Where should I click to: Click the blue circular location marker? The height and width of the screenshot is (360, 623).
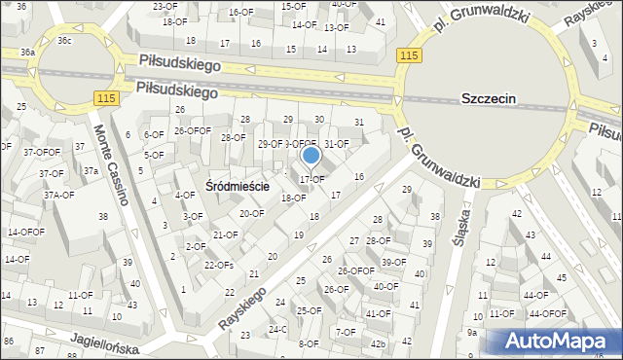click(311, 154)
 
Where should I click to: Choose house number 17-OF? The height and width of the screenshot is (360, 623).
click(311, 179)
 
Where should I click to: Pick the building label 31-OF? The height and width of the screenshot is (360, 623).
click(336, 144)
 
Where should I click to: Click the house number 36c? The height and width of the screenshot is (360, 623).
click(64, 41)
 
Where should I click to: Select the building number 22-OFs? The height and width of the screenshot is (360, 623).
click(218, 265)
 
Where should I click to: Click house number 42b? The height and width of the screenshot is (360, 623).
click(378, 343)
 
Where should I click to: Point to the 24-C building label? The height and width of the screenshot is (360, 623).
click(277, 329)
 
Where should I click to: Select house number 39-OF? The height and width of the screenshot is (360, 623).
click(393, 262)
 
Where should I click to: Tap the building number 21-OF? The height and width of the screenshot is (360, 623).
click(225, 234)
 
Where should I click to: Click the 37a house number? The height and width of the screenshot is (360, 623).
click(91, 171)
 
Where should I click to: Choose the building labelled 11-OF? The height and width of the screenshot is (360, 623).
click(80, 295)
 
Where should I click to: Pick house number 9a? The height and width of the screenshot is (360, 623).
click(472, 333)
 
